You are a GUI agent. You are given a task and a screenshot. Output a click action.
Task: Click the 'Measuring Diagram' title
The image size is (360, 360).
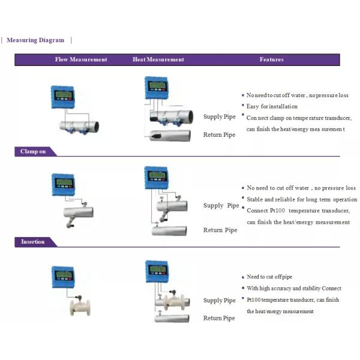tap(35, 40)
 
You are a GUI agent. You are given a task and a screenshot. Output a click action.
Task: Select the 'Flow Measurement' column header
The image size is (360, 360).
tap(81, 59)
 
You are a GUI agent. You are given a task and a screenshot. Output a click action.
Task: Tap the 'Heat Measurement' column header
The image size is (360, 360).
tap(158, 59)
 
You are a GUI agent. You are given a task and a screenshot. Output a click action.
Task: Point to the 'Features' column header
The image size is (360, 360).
tap(271, 59)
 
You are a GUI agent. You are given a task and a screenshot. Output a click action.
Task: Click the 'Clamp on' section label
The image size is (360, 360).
tap(33, 151)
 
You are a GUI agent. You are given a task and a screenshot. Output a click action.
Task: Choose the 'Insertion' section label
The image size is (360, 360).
tap(33, 242)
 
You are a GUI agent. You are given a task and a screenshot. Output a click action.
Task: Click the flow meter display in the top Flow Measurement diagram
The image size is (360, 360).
tap(62, 95)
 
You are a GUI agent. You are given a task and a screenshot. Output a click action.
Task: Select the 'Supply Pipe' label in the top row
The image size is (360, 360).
tap(220, 116)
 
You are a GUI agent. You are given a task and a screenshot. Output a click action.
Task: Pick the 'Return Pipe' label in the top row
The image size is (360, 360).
tap(220, 135)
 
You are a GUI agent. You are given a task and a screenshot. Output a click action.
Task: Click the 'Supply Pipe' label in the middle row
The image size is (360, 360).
tap(221, 206)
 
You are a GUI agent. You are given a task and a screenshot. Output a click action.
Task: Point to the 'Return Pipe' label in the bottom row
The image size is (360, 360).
tap(220, 318)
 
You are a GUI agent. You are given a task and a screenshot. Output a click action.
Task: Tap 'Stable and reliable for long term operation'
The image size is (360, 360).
tap(302, 199)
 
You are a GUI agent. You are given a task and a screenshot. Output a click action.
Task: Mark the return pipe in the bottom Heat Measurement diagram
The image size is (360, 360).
tap(175, 319)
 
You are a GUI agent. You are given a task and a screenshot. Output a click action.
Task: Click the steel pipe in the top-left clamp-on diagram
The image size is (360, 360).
tap(79, 125)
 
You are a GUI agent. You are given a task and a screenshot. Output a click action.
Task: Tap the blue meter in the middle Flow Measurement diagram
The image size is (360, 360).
tap(62, 184)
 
